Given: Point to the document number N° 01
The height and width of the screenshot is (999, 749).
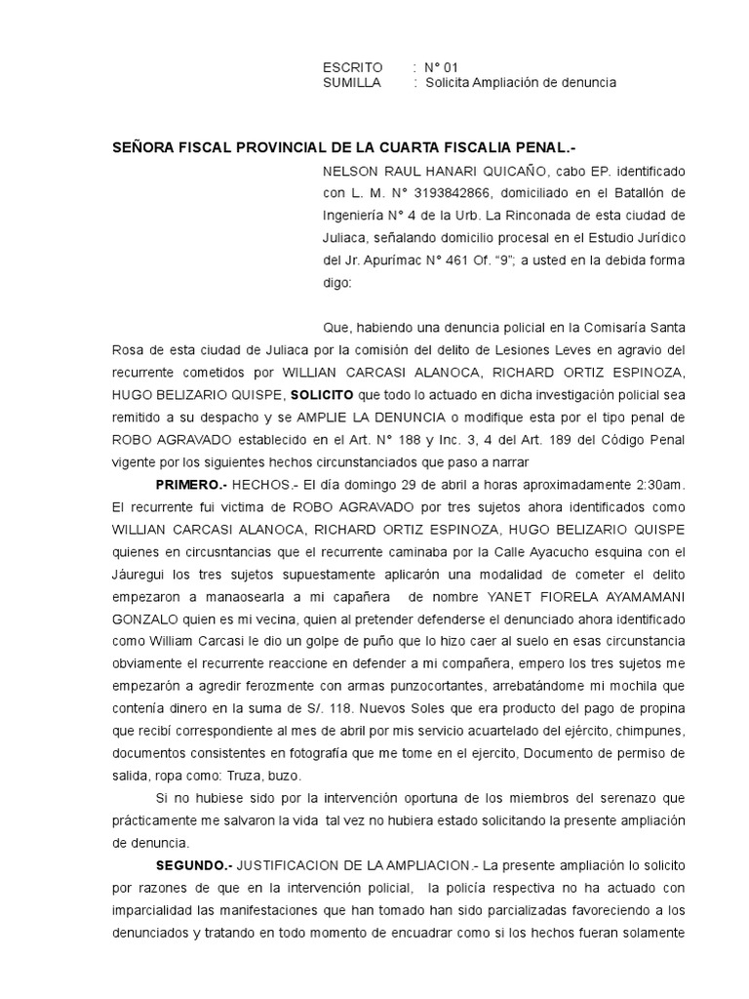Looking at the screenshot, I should click(439, 67).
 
